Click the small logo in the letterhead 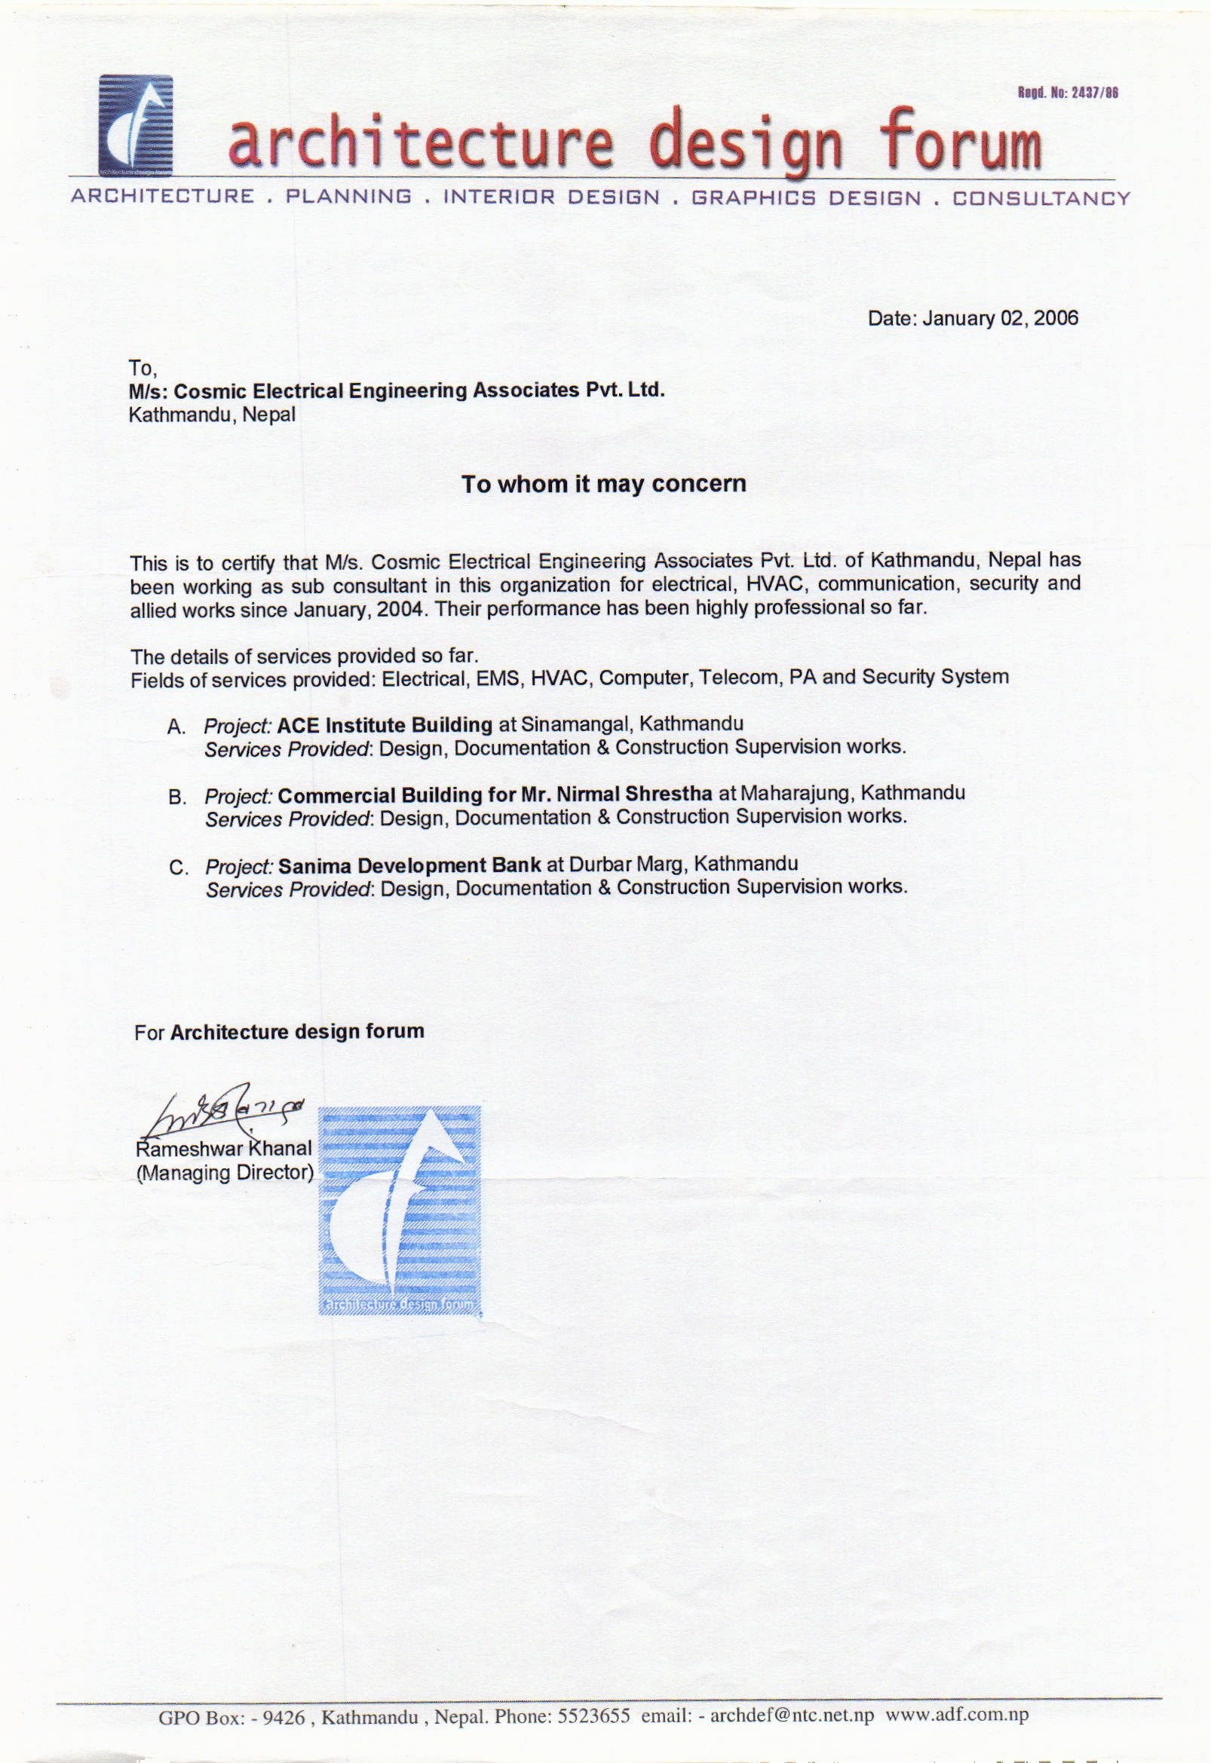click(136, 124)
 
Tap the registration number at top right click(1068, 93)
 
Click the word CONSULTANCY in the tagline click(1041, 199)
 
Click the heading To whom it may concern click(604, 484)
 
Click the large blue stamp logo click(399, 1211)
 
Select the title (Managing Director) click(225, 1172)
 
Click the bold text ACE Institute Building click(385, 724)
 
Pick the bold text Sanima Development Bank click(409, 865)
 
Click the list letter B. click(177, 797)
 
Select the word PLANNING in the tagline click(349, 198)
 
